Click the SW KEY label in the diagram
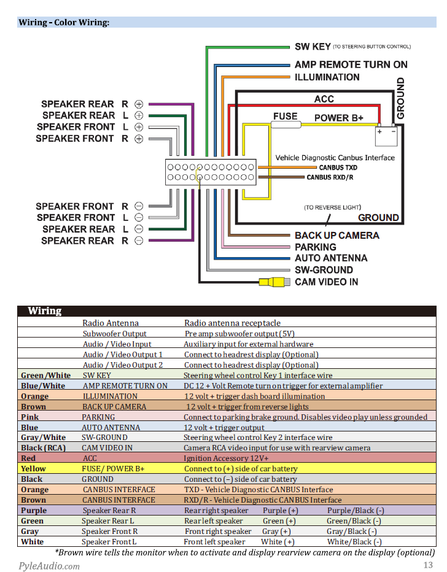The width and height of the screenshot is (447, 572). click(313, 47)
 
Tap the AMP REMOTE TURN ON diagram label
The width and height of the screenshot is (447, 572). click(351, 64)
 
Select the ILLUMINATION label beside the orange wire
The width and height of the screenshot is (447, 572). click(327, 77)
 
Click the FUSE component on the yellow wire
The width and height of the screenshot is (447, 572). click(286, 125)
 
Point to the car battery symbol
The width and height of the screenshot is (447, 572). click(386, 136)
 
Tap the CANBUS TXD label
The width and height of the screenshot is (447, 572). click(338, 168)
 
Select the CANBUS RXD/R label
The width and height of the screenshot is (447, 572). click(330, 177)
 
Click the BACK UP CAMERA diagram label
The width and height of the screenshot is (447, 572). click(337, 236)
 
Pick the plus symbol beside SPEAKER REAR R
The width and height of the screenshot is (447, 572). click(139, 104)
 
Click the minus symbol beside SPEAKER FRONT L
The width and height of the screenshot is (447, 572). click(139, 217)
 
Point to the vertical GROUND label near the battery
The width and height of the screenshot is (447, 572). click(401, 98)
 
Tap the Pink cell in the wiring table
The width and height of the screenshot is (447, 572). click(29, 417)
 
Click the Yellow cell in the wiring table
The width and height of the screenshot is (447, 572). click(33, 469)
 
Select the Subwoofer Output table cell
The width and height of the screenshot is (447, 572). click(114, 334)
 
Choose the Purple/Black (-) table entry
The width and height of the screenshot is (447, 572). click(356, 511)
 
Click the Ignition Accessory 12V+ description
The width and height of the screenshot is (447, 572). click(226, 458)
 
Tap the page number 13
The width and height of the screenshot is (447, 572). click(428, 565)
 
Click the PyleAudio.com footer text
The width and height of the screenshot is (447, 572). click(49, 566)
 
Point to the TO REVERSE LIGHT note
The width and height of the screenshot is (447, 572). click(332, 207)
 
